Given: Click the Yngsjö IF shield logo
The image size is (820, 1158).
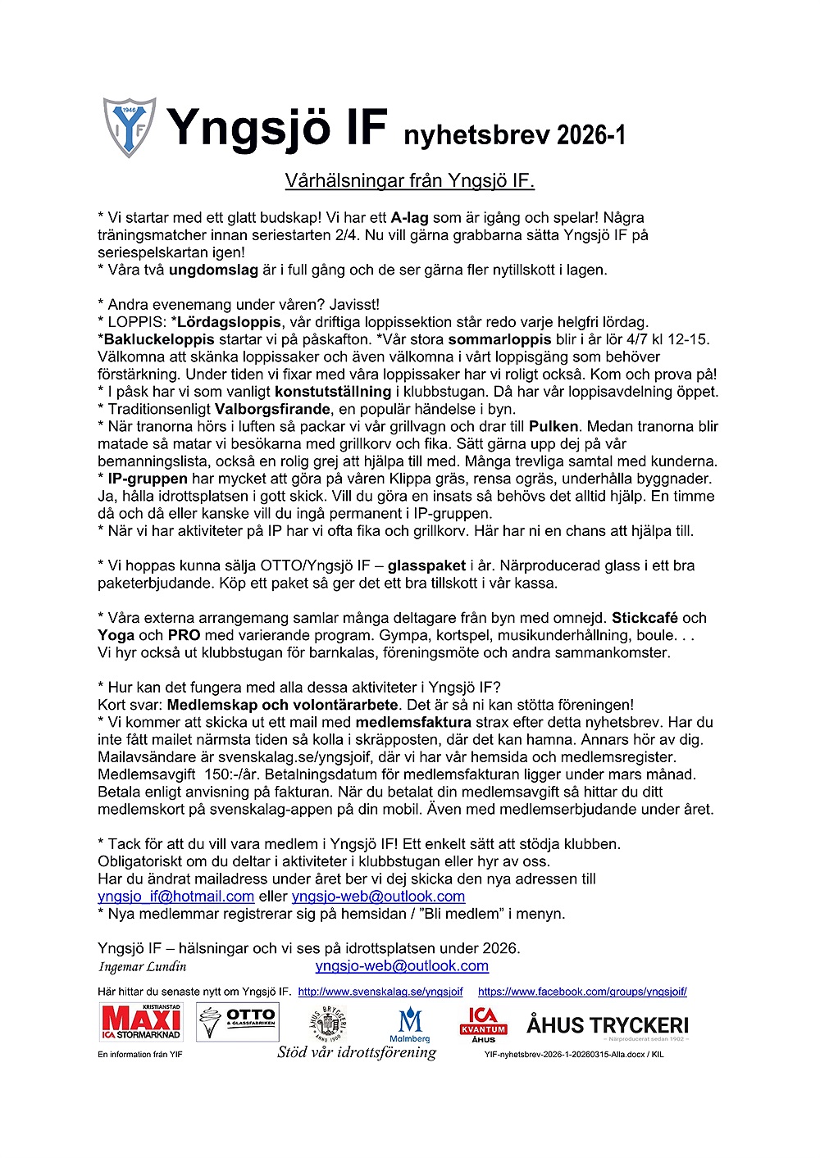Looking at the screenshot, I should pos(129,128).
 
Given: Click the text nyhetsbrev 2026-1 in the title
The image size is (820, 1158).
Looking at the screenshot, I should pos(514,134).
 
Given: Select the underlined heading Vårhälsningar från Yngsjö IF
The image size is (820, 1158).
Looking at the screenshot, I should pos(409,180).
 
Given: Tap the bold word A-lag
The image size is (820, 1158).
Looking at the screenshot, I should pos(409,218).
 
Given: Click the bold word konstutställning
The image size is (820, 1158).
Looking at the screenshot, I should pos(332,392).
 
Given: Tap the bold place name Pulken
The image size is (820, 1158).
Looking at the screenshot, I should pos(553,426).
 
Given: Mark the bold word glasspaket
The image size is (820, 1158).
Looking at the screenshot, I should pos(426,565).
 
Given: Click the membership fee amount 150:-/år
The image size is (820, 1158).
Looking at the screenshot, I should pos(231,774).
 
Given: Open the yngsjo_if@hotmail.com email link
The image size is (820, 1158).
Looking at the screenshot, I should pos(175,897).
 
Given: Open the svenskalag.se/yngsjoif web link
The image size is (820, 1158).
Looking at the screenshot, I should pos(380,992).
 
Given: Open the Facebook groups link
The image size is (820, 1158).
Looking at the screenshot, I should pos(582,992).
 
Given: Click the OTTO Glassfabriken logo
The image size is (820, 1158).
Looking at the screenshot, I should pos(238,1022).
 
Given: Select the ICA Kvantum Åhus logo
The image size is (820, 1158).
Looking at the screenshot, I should pos(483,1024).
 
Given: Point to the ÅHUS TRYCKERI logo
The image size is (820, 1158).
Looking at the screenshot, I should pos(607,1026).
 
